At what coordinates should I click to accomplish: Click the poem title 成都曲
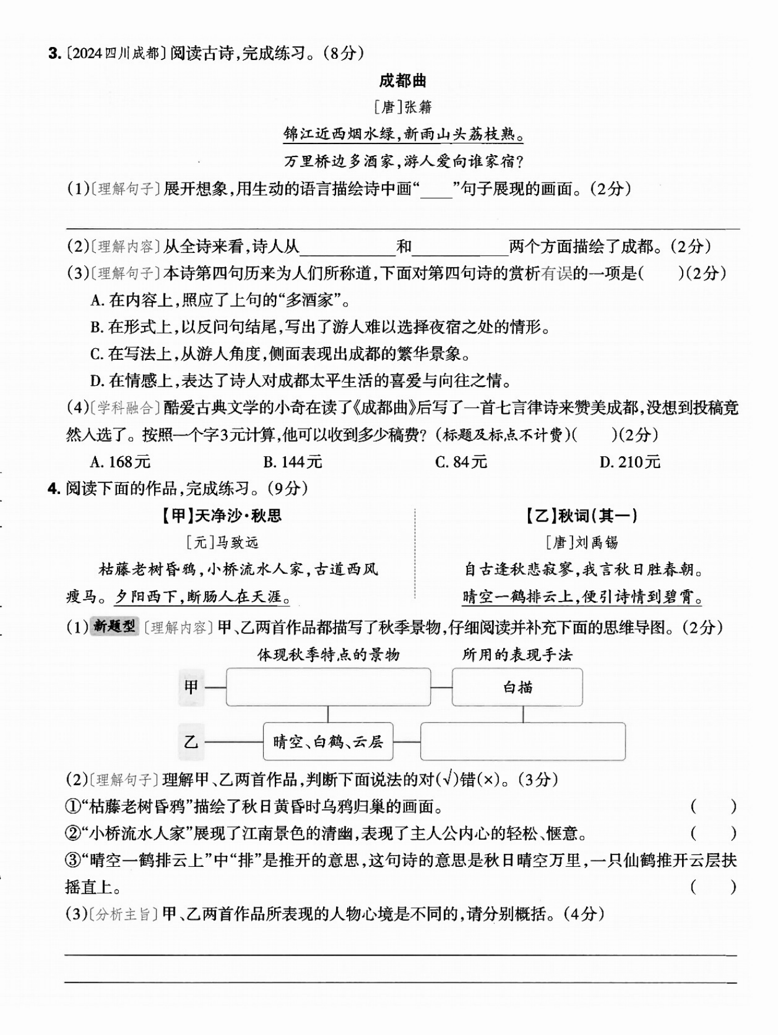tap(403, 81)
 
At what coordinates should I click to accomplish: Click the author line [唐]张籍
tap(403, 107)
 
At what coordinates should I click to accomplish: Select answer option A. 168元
tap(121, 462)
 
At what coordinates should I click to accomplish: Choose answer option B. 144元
tap(292, 462)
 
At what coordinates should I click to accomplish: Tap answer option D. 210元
tap(630, 462)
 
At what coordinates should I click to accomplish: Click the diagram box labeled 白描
tap(517, 687)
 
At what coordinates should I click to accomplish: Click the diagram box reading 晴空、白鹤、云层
tap(328, 742)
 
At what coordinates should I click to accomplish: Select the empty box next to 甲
tap(328, 687)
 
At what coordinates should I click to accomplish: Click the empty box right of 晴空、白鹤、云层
tap(523, 742)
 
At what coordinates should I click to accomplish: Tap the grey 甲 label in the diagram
tap(191, 687)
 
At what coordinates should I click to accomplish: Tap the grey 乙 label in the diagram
tap(191, 742)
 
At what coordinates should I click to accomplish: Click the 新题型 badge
tap(114, 627)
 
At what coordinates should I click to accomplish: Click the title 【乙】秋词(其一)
tap(581, 516)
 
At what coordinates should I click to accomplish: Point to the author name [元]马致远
tap(222, 542)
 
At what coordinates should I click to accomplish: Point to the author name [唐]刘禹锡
tap(581, 542)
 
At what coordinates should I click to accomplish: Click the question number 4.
tap(54, 489)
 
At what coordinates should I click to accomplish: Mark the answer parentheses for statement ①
tap(713, 806)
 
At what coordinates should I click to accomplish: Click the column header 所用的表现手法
tap(517, 655)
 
